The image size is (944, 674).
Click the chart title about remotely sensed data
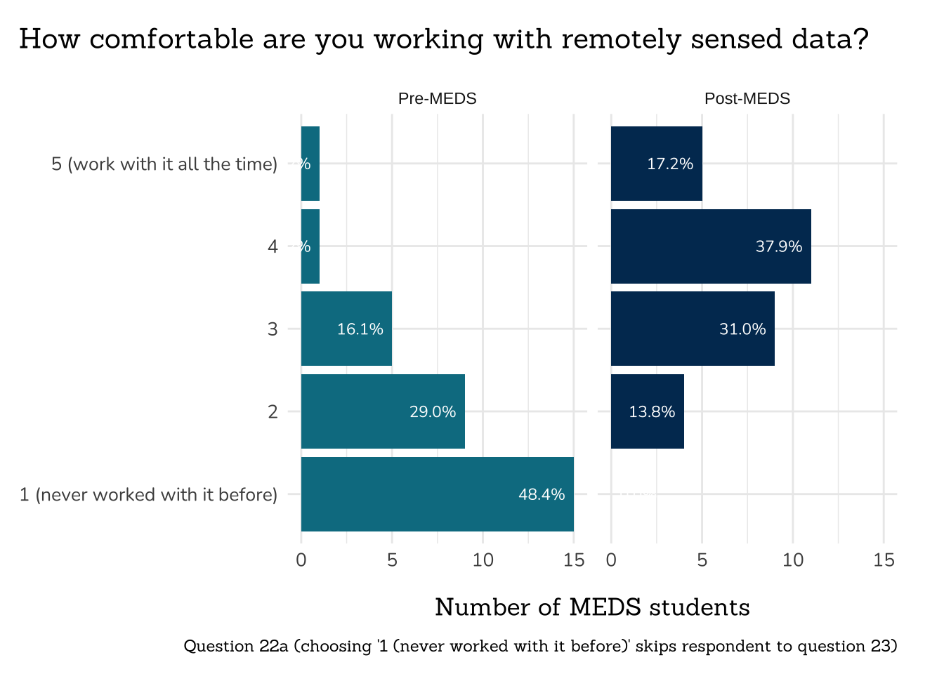(443, 39)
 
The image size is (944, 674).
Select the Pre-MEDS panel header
(437, 99)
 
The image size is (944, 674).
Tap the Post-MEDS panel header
(747, 99)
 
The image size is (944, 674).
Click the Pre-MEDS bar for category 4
(310, 246)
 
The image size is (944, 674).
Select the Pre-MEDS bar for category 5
(310, 164)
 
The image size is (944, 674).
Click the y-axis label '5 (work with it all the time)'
(164, 164)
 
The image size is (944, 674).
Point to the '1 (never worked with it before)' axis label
(148, 495)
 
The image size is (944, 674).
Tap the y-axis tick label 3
(273, 329)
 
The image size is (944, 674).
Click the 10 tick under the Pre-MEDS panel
(483, 560)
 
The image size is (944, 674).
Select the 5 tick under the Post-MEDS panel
(702, 560)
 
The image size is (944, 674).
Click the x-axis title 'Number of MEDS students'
(592, 607)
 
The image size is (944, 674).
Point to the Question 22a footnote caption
(540, 646)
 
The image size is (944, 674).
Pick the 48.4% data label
(542, 495)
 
